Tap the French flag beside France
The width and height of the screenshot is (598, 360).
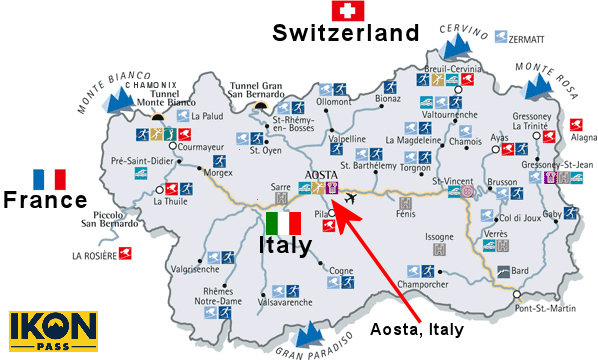click(x=49, y=179)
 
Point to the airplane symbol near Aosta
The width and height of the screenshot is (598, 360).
click(x=348, y=198)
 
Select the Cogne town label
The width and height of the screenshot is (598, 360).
click(x=342, y=269)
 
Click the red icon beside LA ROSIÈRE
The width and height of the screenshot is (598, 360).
click(x=124, y=254)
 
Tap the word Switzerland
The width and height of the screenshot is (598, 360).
click(x=346, y=34)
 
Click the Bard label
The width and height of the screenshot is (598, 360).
click(x=519, y=270)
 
